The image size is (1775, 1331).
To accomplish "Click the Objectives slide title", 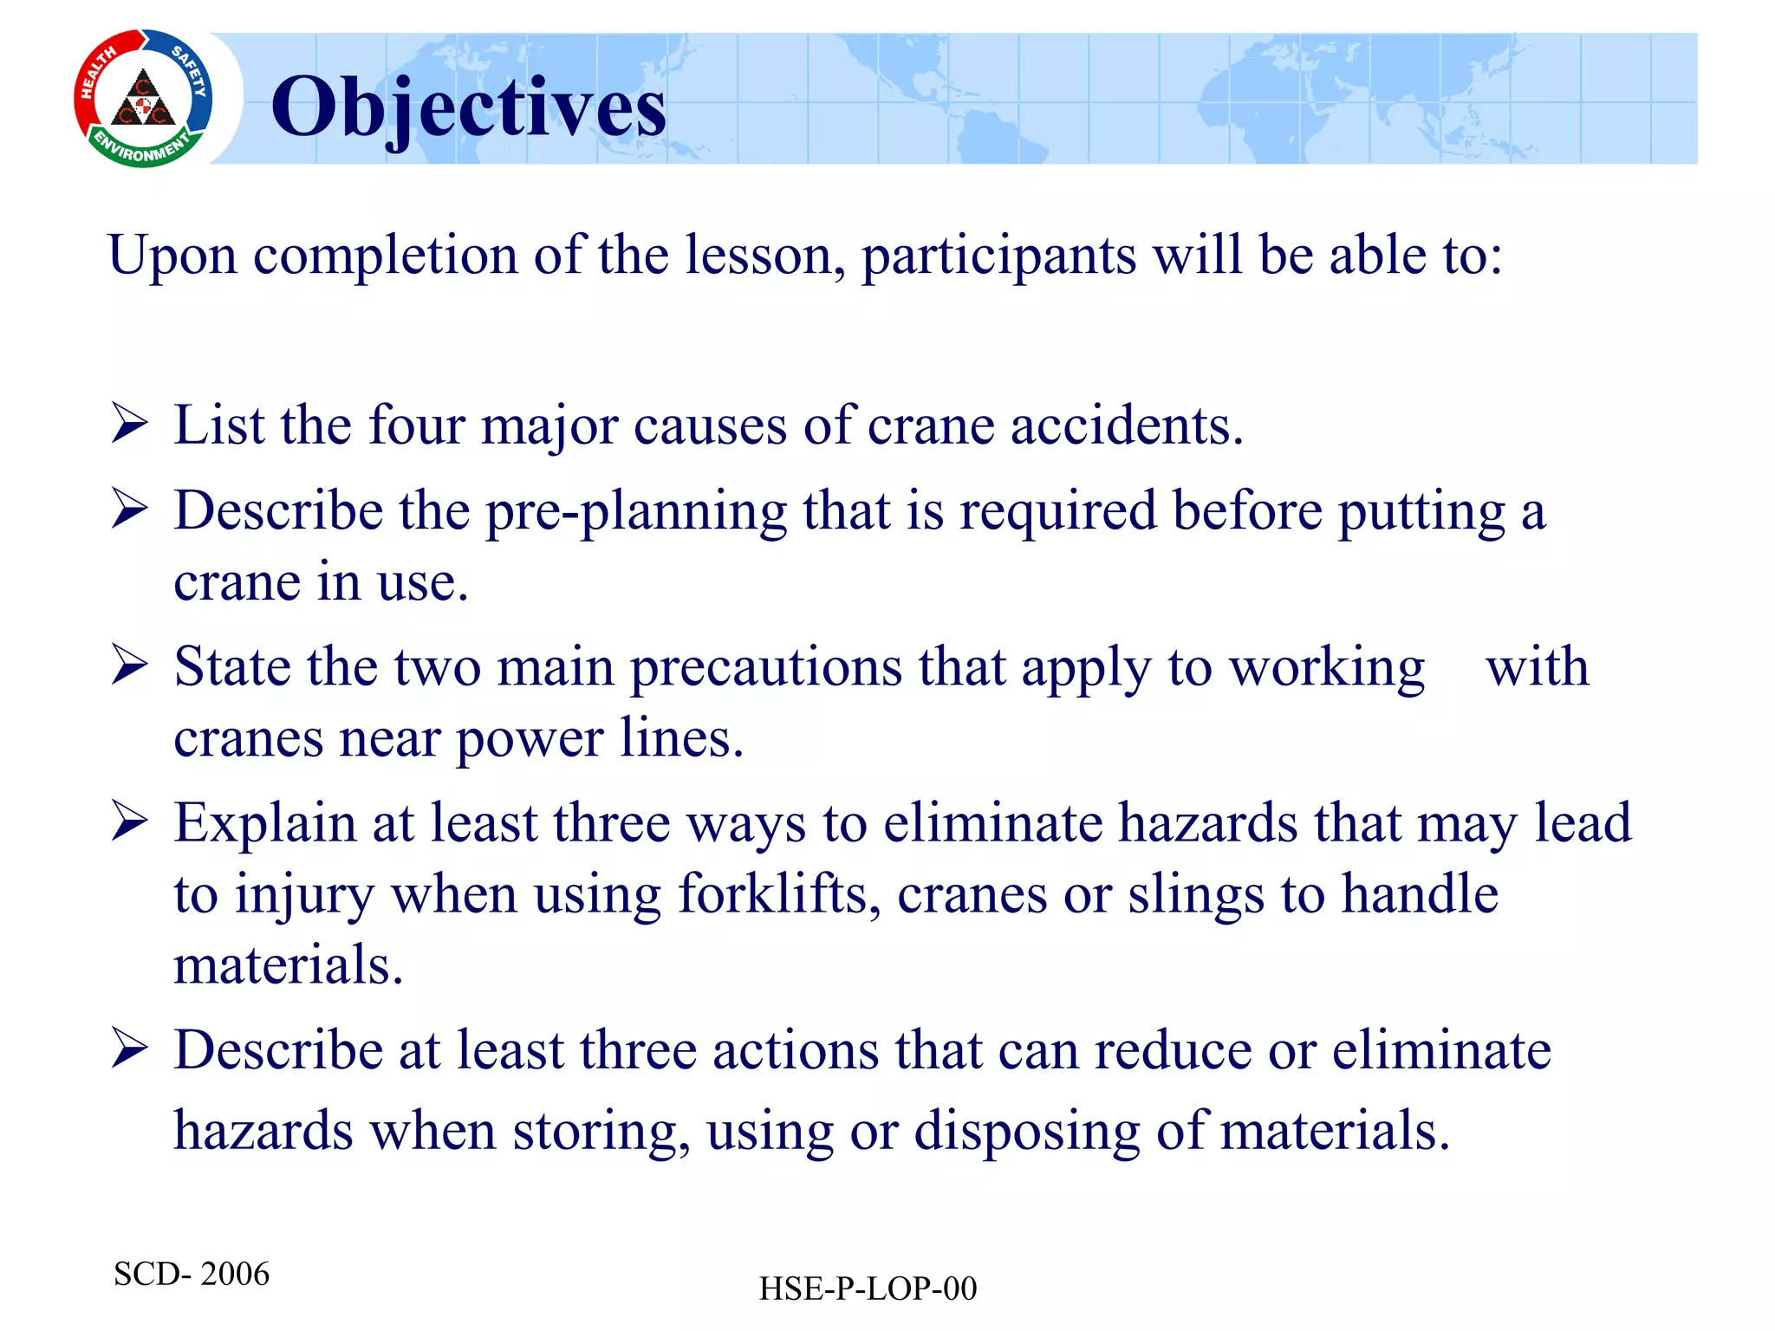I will click(x=468, y=107).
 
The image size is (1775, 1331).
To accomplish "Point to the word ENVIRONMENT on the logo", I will click(x=141, y=149).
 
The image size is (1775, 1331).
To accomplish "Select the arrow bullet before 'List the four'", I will click(x=130, y=425).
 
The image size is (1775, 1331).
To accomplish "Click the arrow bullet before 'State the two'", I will click(x=130, y=666).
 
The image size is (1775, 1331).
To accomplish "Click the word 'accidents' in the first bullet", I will click(x=1126, y=425).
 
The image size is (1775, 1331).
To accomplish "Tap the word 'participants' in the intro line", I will click(x=998, y=256).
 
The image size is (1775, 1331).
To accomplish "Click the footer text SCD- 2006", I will click(x=192, y=1274).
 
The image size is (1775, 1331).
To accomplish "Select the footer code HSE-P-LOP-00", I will click(x=868, y=1289).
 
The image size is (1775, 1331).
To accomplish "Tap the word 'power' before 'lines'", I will click(x=530, y=740).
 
